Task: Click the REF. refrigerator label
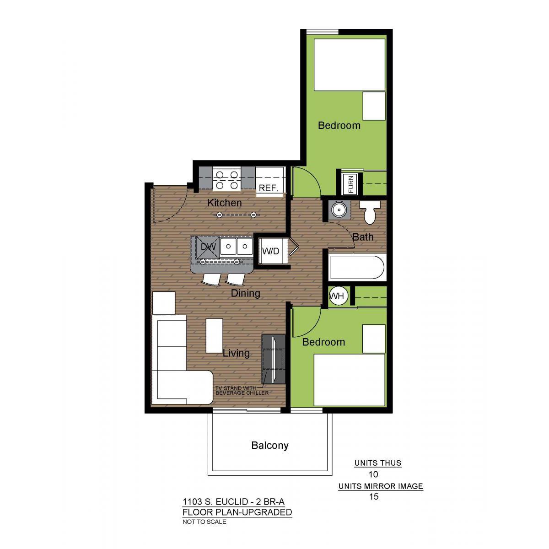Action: pos(268,188)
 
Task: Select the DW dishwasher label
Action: pos(208,247)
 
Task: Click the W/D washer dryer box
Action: pos(271,251)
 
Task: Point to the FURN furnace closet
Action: pos(351,184)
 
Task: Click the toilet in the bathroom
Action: pos(370,212)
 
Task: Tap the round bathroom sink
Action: pos(339,210)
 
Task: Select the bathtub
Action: pos(358,267)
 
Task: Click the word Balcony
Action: pos(270,445)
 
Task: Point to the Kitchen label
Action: pos(225,203)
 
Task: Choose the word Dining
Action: pos(245,293)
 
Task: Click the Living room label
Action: pos(236,353)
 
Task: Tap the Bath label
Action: pos(363,237)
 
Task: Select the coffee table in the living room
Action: pos(214,336)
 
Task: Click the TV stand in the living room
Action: pos(274,359)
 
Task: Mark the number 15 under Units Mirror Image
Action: pos(374,496)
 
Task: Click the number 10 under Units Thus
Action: pos(373,474)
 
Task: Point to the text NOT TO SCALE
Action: pos(204,522)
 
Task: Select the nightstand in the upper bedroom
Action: pos(374,106)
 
